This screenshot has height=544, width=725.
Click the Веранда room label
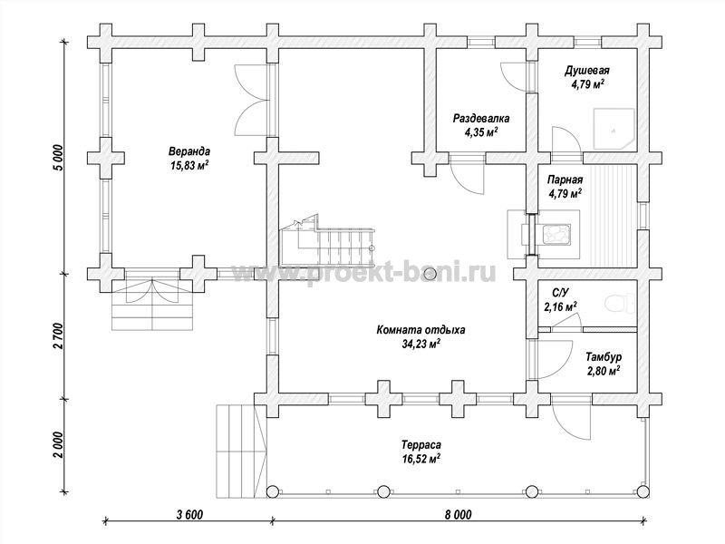pos(189,151)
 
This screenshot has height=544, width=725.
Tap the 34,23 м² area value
pos(420,344)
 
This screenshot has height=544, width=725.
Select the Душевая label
pos(586,71)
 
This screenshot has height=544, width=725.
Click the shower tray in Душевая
pos(614,129)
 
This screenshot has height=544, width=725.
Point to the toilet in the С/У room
pos(619,304)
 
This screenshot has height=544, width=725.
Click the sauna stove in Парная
pos(554,234)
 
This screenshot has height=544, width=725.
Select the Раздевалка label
pos(481,119)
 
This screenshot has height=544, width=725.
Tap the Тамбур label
pos(604,357)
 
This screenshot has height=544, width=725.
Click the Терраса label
pos(420,445)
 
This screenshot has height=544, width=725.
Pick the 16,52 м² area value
pos(420,459)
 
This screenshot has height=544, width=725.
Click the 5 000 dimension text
pos(58,158)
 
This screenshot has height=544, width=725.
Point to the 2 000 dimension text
pos(58,445)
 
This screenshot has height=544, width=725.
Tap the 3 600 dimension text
pos(189,515)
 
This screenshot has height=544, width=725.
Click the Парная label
pos(565,180)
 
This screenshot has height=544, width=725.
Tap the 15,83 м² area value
pos(189,165)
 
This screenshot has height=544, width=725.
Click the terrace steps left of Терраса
pos(242,451)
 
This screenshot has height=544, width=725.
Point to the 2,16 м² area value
pos(560,306)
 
